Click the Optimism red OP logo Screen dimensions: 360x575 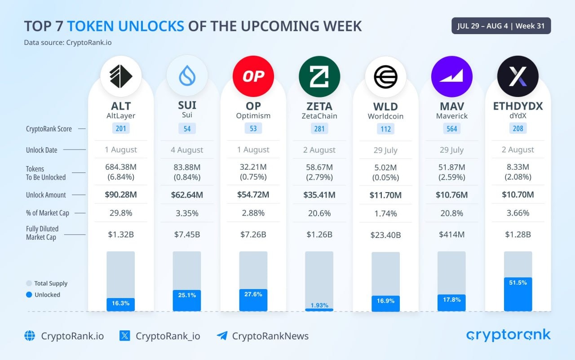pyautogui.click(x=253, y=76)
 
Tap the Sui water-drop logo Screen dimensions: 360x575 pyautogui.click(x=187, y=76)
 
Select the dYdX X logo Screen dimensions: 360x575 pyautogui.click(x=518, y=76)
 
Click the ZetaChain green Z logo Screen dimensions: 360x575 pyautogui.click(x=319, y=76)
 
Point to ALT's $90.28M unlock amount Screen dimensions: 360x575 pyautogui.click(x=120, y=195)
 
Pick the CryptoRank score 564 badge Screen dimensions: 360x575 pyautogui.click(x=452, y=129)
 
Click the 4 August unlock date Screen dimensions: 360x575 pyautogui.click(x=187, y=150)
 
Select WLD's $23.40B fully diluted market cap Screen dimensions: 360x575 pyautogui.click(x=385, y=235)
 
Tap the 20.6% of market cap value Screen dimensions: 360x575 pyautogui.click(x=319, y=213)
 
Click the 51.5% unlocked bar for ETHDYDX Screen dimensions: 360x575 pyautogui.click(x=518, y=294)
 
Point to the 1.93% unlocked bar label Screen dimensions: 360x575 pyautogui.click(x=319, y=305)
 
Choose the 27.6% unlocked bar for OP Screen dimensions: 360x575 pyautogui.click(x=253, y=300)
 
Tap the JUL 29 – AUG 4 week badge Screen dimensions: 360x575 pyautogui.click(x=501, y=26)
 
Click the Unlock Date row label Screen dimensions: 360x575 pyautogui.click(x=41, y=150)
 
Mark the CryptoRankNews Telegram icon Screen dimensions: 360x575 pyautogui.click(x=222, y=336)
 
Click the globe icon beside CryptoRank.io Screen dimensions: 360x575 pyautogui.click(x=30, y=336)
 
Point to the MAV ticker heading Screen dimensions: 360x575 pyautogui.click(x=452, y=106)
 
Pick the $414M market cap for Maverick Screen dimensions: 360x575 pyautogui.click(x=452, y=234)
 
